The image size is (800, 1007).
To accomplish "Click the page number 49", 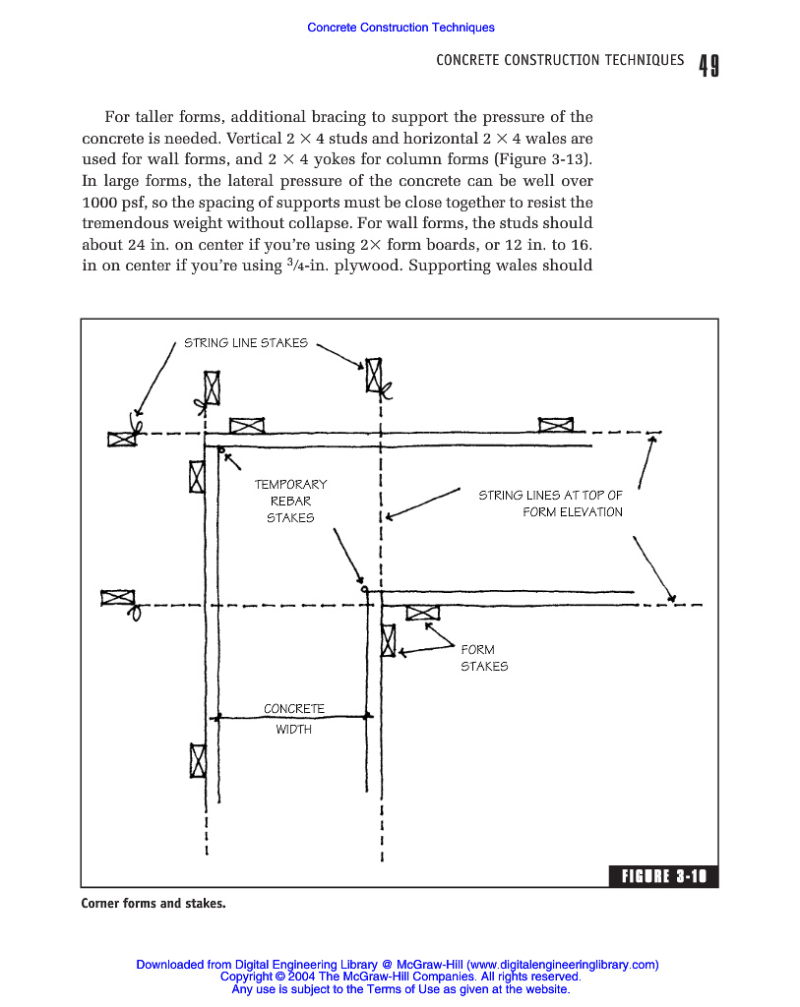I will [708, 66].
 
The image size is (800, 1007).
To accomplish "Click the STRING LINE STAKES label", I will [246, 343].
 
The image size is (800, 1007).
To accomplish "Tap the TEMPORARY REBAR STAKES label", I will [290, 501].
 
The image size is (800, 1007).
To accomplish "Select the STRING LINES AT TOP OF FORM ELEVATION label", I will [551, 503].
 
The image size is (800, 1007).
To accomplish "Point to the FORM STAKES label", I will [483, 658].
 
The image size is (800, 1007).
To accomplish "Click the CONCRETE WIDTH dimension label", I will [293, 719].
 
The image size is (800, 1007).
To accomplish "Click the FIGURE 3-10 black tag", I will [664, 877].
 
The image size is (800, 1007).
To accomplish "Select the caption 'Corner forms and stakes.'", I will [153, 902].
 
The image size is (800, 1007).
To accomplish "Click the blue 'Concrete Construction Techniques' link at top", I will [400, 28].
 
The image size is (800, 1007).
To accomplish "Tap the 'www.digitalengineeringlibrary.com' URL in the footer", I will [562, 965].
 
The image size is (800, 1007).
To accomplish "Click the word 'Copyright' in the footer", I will [246, 977].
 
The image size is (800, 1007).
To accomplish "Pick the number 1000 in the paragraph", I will [100, 202].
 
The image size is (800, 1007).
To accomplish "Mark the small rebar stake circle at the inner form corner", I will [365, 590].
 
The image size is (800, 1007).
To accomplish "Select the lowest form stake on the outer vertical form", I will [198, 760].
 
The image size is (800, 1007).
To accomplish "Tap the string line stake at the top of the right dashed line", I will [374, 375].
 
